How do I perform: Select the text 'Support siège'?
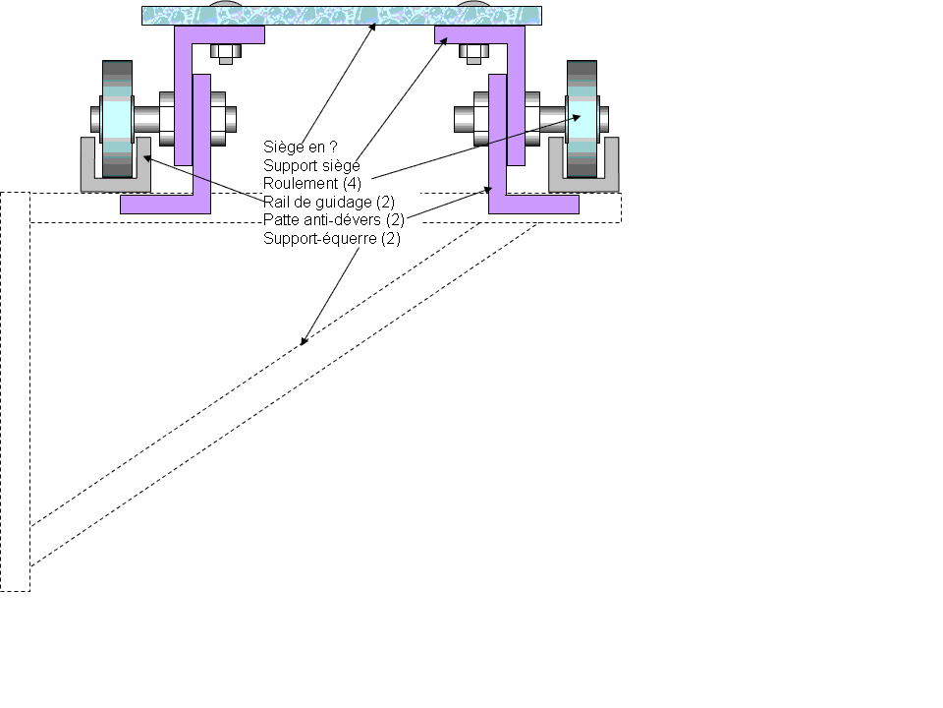click(311, 166)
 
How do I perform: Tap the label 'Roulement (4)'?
click(312, 184)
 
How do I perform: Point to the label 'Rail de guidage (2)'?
click(329, 202)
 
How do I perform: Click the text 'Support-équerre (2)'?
click(332, 238)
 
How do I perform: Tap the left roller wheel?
click(117, 118)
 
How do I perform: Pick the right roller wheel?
click(582, 118)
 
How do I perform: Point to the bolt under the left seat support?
click(225, 54)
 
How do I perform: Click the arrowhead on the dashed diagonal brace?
click(304, 341)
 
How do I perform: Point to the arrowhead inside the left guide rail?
click(145, 154)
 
